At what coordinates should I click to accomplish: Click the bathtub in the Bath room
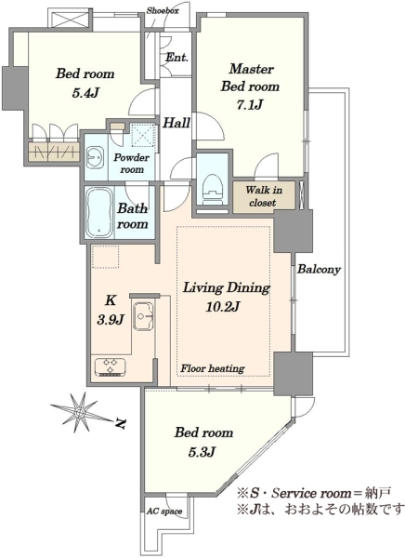tap(99, 212)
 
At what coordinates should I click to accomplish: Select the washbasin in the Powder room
tap(95, 156)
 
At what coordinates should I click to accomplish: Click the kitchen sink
tap(143, 314)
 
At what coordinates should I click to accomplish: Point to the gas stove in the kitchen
tap(110, 367)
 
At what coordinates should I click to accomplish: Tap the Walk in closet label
tap(264, 196)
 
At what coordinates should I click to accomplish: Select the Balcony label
tap(319, 270)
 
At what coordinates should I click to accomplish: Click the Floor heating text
tap(213, 368)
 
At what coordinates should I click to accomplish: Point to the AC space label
tap(164, 511)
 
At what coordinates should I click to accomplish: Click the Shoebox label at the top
tap(163, 10)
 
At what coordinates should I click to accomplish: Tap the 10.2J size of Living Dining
tap(223, 306)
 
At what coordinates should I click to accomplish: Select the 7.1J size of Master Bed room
tap(249, 104)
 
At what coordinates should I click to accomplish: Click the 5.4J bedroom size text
tap(85, 93)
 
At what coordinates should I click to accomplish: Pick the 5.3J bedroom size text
tap(202, 452)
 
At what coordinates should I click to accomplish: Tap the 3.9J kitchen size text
tap(111, 320)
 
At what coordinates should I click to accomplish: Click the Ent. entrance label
tap(176, 58)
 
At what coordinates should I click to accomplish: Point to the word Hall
tap(176, 123)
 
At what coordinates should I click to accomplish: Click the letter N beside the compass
tap(122, 423)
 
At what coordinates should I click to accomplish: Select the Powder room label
tap(132, 164)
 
